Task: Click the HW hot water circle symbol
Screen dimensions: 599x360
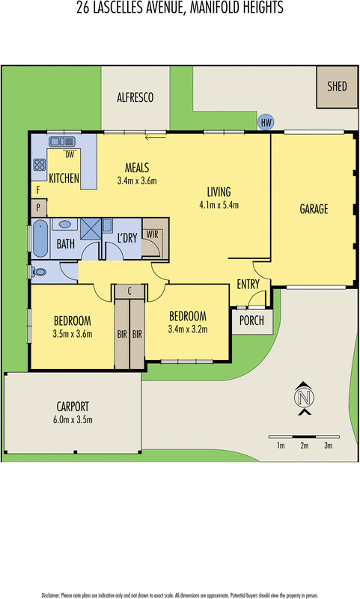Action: click(266, 123)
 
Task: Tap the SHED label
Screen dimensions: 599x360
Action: click(337, 86)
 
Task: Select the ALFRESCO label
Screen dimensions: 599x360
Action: click(135, 97)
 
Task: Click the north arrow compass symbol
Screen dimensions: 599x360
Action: click(303, 398)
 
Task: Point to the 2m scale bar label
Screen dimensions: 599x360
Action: click(304, 446)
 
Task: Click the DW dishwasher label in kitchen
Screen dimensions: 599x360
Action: click(69, 155)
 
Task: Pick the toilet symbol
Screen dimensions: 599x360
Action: click(39, 272)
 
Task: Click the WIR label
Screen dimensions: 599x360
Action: click(153, 234)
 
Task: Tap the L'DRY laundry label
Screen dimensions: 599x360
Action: click(128, 238)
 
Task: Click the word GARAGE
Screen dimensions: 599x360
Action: click(314, 210)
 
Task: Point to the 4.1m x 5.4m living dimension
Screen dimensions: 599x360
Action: click(219, 205)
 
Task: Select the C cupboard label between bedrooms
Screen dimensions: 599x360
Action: click(129, 291)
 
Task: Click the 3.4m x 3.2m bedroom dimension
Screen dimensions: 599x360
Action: click(187, 328)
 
